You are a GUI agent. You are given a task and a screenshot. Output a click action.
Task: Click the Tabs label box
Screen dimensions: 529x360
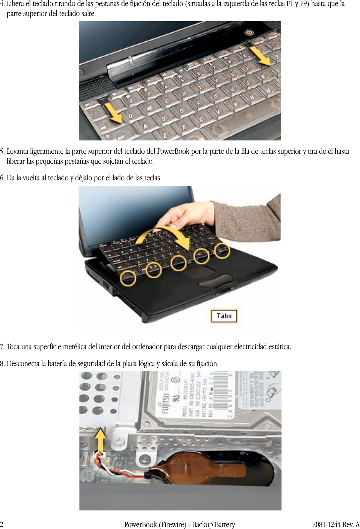tap(224, 316)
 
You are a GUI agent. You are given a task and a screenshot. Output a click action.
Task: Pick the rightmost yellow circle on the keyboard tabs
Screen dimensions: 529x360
tap(222, 250)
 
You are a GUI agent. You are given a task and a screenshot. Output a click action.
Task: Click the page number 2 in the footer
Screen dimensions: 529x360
tap(2, 525)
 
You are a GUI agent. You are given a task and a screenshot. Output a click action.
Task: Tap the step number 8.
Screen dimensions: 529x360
tap(2, 364)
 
